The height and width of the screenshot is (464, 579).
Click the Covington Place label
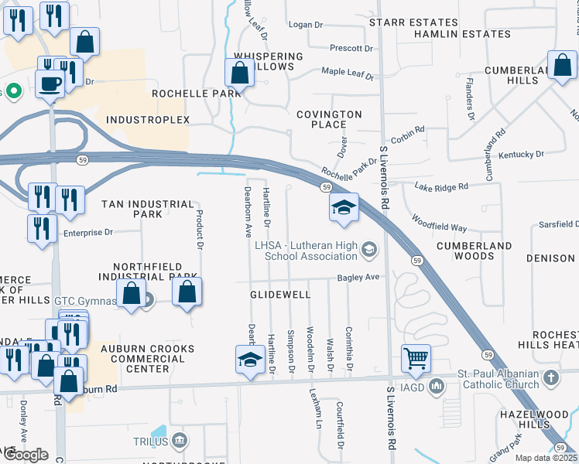click(329, 119)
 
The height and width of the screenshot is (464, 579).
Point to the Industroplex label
click(147, 120)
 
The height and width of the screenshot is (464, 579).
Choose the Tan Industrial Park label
click(147, 209)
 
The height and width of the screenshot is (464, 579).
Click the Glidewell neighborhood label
click(280, 295)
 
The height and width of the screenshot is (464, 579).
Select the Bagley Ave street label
click(358, 277)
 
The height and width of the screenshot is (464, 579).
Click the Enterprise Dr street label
click(87, 232)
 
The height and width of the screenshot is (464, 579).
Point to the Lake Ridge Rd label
click(441, 187)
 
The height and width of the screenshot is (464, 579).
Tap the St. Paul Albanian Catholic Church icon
click(550, 378)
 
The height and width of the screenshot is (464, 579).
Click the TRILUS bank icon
click(180, 441)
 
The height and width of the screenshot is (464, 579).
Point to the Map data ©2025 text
click(545, 458)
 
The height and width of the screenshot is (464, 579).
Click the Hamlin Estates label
click(462, 35)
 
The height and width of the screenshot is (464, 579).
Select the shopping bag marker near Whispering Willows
click(240, 74)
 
